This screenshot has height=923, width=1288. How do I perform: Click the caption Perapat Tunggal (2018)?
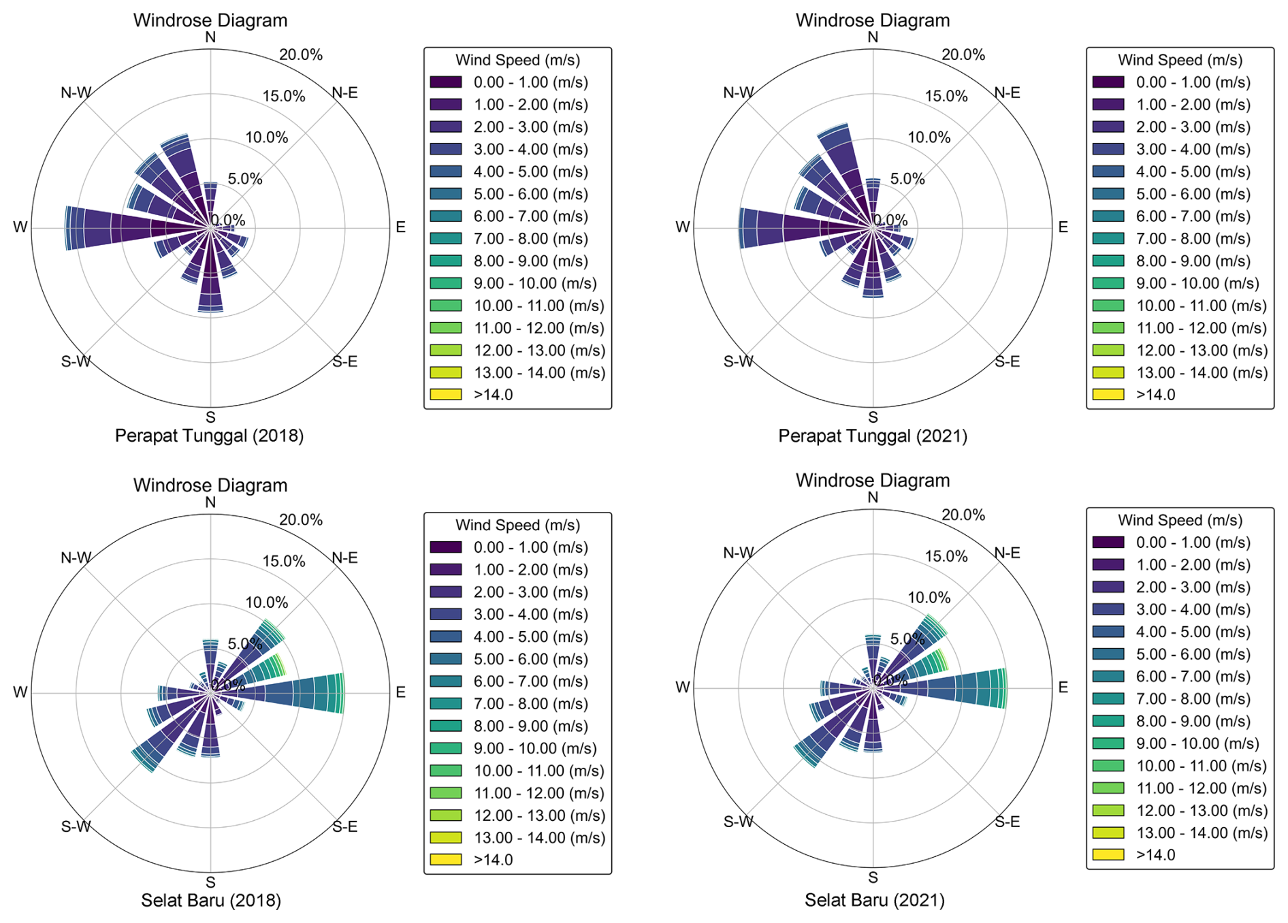click(x=209, y=436)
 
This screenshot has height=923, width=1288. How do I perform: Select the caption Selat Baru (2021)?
click(x=874, y=900)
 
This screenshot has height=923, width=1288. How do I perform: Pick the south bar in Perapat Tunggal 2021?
click(x=873, y=272)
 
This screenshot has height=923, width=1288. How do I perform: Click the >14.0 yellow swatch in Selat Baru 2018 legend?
click(x=445, y=860)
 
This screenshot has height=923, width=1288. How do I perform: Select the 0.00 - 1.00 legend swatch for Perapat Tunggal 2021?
click(x=1108, y=82)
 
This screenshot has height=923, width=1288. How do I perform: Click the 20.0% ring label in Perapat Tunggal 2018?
click(x=301, y=54)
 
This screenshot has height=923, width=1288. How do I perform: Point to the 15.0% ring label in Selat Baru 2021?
click(x=946, y=556)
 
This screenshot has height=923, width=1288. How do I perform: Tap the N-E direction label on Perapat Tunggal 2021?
click(x=1007, y=93)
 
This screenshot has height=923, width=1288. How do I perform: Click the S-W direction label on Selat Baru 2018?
click(x=76, y=826)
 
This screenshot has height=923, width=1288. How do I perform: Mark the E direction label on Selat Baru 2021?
click(x=1063, y=687)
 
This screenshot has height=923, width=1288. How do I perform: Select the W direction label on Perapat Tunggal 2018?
click(x=20, y=227)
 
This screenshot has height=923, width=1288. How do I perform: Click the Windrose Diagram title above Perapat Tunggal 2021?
click(x=873, y=20)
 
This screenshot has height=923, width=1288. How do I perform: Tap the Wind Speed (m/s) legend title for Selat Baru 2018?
click(x=517, y=525)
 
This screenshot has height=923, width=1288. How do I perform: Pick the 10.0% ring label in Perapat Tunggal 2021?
click(x=929, y=137)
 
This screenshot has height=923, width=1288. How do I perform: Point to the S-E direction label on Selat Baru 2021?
click(x=1007, y=822)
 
